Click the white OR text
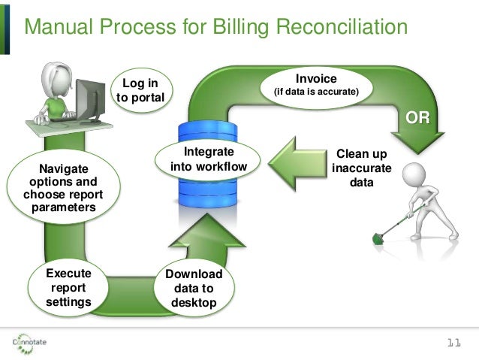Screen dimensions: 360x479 pyautogui.click(x=417, y=118)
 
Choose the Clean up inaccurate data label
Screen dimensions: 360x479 pyautogui.click(x=362, y=168)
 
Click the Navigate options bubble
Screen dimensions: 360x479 pyautogui.click(x=63, y=187)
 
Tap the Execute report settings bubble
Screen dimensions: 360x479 pyautogui.click(x=68, y=288)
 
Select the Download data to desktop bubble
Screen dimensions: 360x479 pyautogui.click(x=194, y=289)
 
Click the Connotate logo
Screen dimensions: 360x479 pyautogui.click(x=30, y=343)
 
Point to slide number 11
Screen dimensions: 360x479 pyautogui.click(x=453, y=343)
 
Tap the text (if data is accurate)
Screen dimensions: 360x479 pyautogui.click(x=315, y=93)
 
